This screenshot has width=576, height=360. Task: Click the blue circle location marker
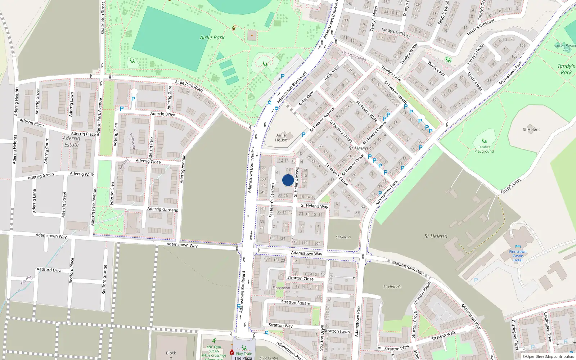[x=288, y=180]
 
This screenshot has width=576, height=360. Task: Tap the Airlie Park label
[x=212, y=37]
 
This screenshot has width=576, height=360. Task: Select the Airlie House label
[x=281, y=138]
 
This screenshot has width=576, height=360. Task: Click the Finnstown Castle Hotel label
[x=518, y=256]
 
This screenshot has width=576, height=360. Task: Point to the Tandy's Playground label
[x=484, y=149]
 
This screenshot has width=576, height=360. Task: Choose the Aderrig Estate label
[x=71, y=141]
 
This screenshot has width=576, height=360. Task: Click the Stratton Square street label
[x=296, y=302]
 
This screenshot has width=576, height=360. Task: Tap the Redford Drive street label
[x=50, y=270]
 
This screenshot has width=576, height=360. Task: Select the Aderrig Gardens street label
[x=162, y=209]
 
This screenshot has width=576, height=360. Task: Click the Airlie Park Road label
[x=189, y=86]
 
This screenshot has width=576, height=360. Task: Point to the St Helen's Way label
[x=314, y=206]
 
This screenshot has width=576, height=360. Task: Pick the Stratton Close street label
[x=300, y=278]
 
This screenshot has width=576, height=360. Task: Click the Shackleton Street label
[x=103, y=18]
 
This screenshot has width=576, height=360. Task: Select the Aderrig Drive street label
[x=163, y=114]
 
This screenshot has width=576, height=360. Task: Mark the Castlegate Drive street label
[x=547, y=327]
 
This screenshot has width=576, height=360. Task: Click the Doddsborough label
[x=354, y=56]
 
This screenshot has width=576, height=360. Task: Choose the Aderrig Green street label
[x=41, y=176]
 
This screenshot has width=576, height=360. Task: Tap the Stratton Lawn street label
[x=337, y=331]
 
